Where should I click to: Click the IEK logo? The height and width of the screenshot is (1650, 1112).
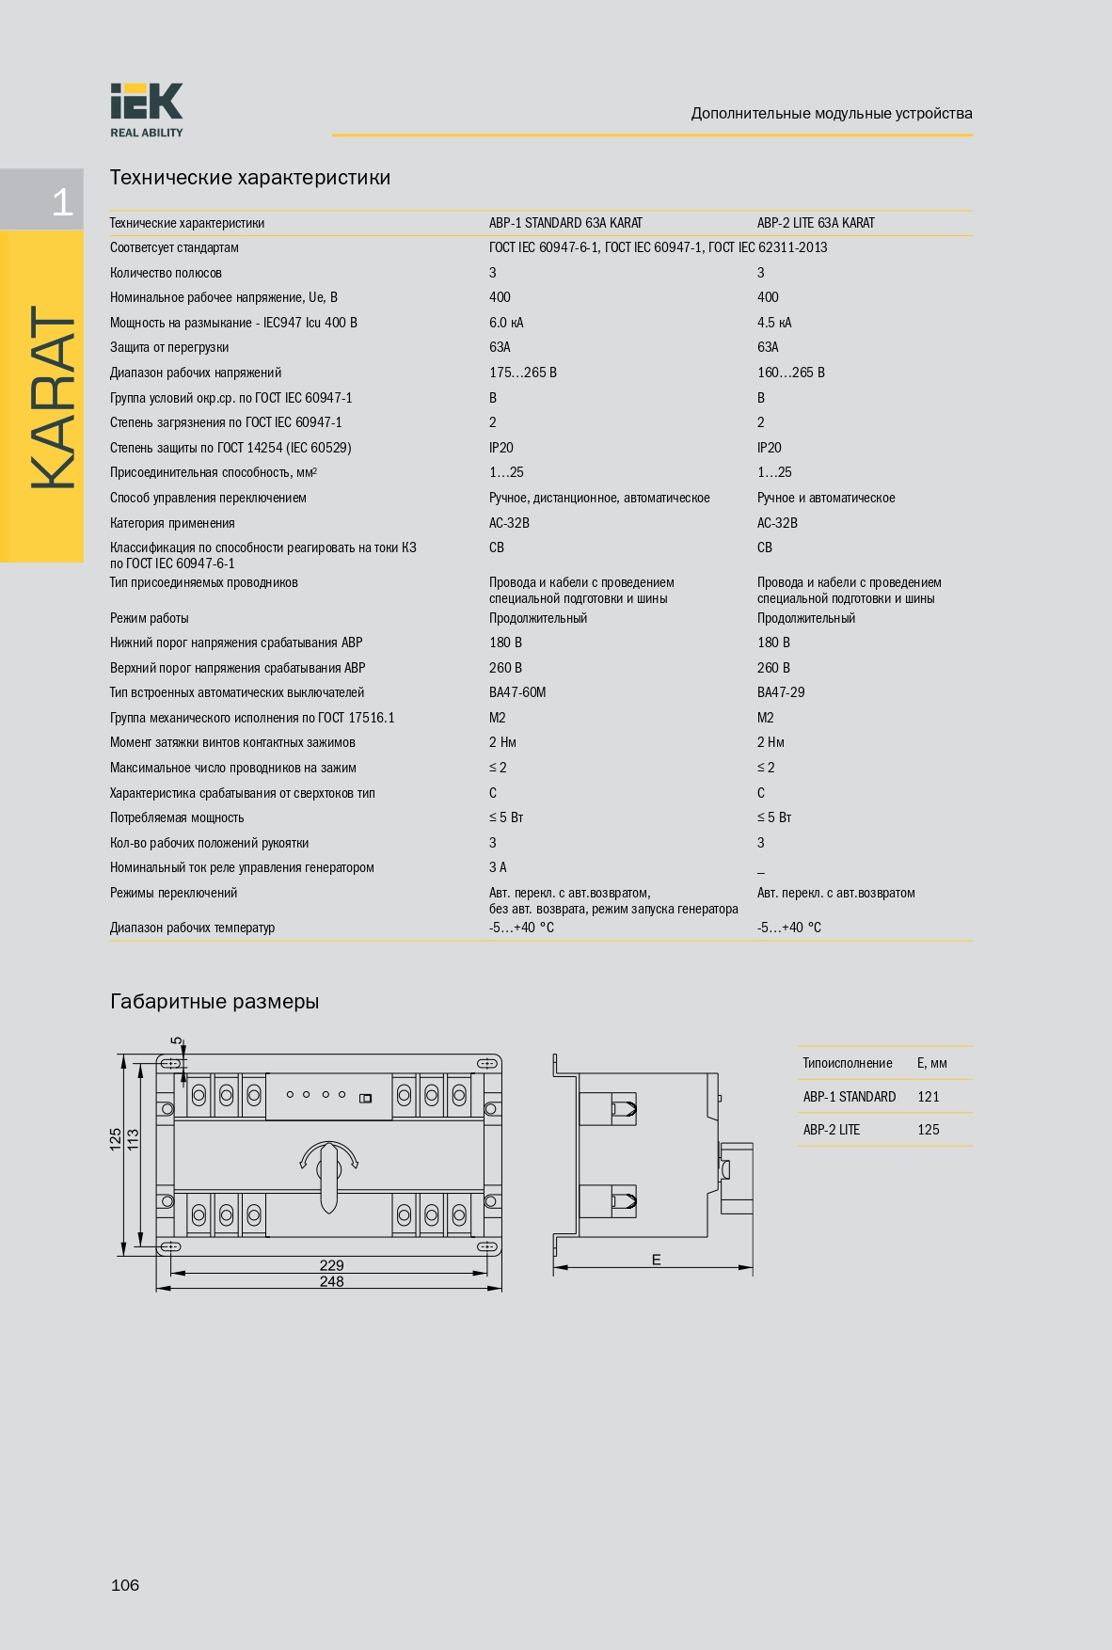pos(146,109)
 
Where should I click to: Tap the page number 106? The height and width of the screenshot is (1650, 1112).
pos(125,1585)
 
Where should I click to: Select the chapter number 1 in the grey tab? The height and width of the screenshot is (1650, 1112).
pos(62,202)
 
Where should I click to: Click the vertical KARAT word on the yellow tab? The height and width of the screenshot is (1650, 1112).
pos(53,397)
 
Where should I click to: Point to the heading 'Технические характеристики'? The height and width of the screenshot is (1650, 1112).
pos(250,178)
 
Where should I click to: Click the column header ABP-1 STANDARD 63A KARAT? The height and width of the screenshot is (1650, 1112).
pos(565,223)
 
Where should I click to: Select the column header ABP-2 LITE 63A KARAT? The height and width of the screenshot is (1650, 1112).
pos(816,223)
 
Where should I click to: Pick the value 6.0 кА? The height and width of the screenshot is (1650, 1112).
pos(506,323)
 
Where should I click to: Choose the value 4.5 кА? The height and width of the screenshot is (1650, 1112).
pos(774,323)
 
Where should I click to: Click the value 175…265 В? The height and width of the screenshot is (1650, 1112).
pos(523,373)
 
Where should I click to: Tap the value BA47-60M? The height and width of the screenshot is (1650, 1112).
pos(517,692)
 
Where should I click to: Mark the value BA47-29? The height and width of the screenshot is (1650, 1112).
pos(781,692)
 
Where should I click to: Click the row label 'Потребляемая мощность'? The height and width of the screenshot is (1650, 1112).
pos(177,817)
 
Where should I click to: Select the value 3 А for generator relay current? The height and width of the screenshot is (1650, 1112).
pos(498,867)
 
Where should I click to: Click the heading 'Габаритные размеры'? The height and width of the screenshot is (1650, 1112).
pos(214,1002)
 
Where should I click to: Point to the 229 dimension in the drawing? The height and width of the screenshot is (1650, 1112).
pos(331,1265)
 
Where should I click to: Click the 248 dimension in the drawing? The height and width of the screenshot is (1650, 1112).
pos(331,1281)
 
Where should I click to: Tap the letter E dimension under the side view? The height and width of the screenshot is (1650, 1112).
pos(657,1260)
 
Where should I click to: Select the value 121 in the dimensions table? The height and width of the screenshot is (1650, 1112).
pos(929,1097)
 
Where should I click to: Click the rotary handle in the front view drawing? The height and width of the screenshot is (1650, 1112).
pos(329,1175)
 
